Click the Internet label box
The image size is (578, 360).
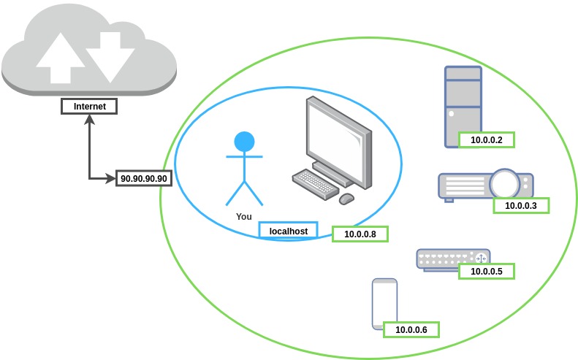click(90, 107)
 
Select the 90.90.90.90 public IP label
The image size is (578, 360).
click(143, 178)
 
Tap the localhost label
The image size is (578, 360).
click(289, 231)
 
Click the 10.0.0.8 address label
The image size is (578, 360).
click(360, 234)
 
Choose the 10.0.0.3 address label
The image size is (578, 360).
click(521, 205)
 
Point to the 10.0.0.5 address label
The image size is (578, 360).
click(486, 271)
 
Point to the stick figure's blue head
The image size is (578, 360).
click(244, 142)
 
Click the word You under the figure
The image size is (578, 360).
click(244, 217)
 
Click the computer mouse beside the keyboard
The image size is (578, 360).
click(346, 198)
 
